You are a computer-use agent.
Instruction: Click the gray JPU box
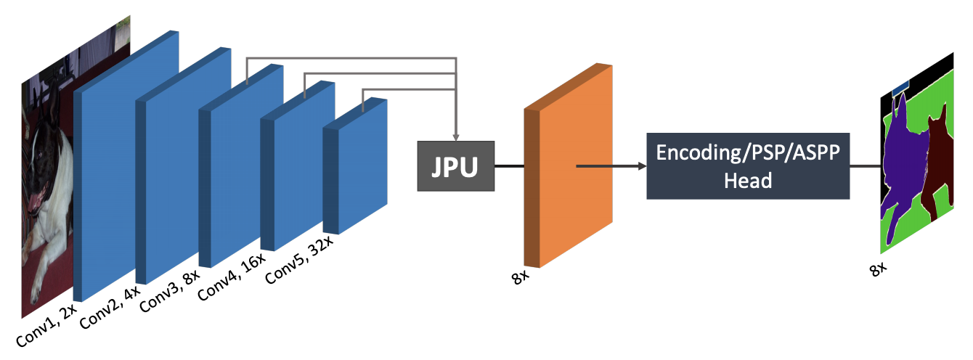pos(455,166)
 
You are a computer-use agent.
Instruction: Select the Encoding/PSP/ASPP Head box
pos(748,165)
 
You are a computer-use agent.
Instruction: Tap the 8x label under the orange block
pos(521,277)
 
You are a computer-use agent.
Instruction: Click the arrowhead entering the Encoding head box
pos(642,166)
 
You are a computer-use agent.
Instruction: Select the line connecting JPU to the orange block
pos(508,166)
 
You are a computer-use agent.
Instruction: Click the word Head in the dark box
pos(748,180)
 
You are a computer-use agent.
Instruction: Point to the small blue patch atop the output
pos(900,86)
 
